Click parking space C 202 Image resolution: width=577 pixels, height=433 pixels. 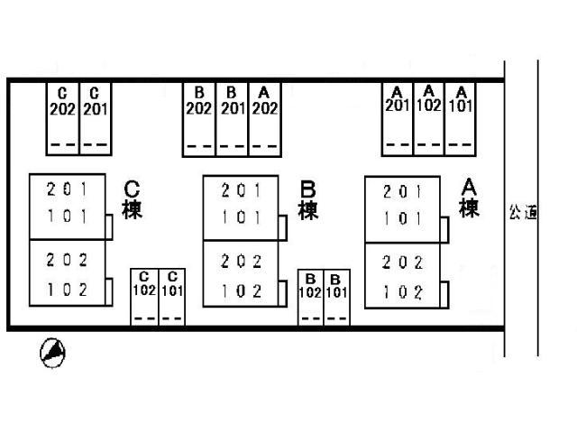[62, 118]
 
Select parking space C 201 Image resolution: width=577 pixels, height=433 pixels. [96, 118]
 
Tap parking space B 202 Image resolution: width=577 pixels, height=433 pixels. [199, 119]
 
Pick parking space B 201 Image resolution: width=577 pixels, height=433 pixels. [233, 119]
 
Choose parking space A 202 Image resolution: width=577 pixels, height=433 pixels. [265, 119]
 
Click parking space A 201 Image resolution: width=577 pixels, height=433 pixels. [398, 119]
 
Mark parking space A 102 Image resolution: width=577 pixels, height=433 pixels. [429, 119]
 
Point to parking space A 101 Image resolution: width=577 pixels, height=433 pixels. [461, 119]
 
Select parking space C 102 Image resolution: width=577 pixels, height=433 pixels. [144, 297]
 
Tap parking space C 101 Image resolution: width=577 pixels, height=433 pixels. [172, 297]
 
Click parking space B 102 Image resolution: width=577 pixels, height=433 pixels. [310, 298]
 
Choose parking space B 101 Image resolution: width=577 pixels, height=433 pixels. [336, 298]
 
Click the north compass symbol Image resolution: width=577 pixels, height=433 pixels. [52, 353]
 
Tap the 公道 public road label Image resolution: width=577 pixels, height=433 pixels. [523, 213]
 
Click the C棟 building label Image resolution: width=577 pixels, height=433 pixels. [132, 199]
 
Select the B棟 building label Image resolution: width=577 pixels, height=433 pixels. [308, 200]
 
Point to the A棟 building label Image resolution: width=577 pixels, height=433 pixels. [469, 198]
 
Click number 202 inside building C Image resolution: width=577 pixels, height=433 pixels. [67, 260]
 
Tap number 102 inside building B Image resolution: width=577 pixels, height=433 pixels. [242, 291]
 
